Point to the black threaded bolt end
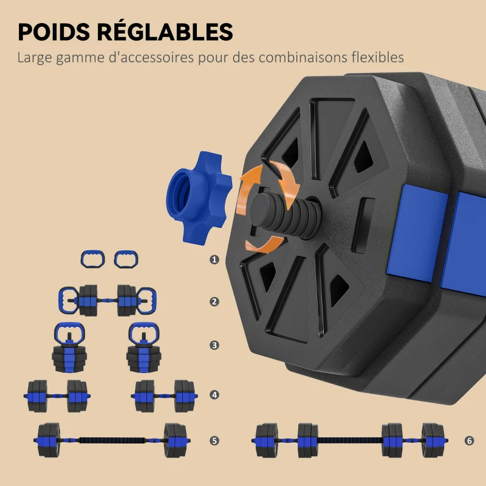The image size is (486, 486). tap(284, 214)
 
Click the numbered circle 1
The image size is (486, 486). tap(214, 259)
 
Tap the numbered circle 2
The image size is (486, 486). tap(214, 301)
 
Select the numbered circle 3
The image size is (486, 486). tap(214, 345)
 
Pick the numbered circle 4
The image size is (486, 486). tap(214, 395)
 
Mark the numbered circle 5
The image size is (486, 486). tap(214, 440)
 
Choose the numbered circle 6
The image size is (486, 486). tap(469, 440)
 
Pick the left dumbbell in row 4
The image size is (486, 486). tap(57, 396)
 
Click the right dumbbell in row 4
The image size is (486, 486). tap(164, 396)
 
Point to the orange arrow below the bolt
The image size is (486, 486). tap(264, 244)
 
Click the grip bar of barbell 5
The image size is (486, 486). tap(112, 440)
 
